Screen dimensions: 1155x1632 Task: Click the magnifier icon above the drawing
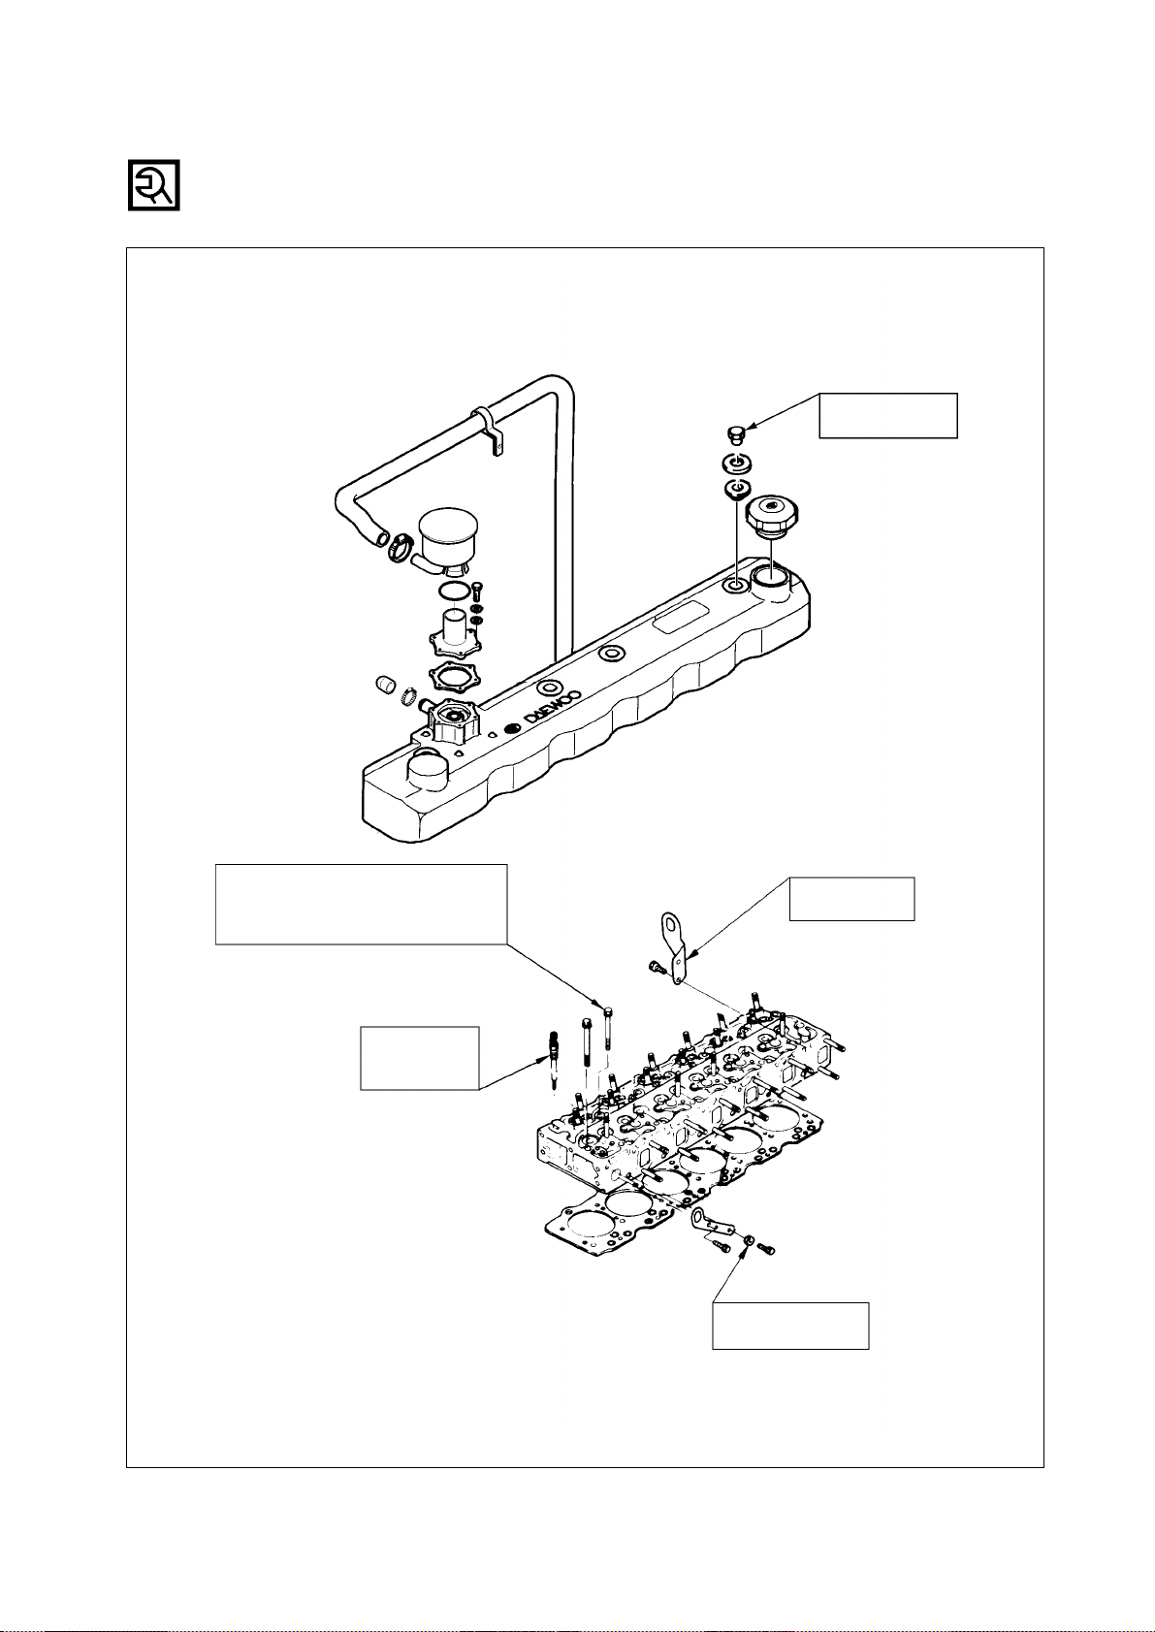point(154,185)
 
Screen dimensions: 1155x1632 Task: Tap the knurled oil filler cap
point(773,516)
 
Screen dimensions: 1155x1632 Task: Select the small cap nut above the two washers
point(736,435)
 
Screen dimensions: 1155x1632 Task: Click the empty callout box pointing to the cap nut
point(887,415)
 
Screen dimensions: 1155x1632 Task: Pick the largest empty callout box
point(361,904)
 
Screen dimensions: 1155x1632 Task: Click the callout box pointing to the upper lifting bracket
point(851,899)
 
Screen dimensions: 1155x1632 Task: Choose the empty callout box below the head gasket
point(790,1326)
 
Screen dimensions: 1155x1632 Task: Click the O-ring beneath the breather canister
point(453,592)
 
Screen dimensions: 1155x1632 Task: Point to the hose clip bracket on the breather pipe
point(490,431)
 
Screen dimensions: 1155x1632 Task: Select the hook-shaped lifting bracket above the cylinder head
point(673,945)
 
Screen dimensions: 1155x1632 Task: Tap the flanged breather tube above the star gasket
point(456,633)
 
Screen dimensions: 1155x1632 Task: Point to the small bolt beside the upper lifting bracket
point(656,967)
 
